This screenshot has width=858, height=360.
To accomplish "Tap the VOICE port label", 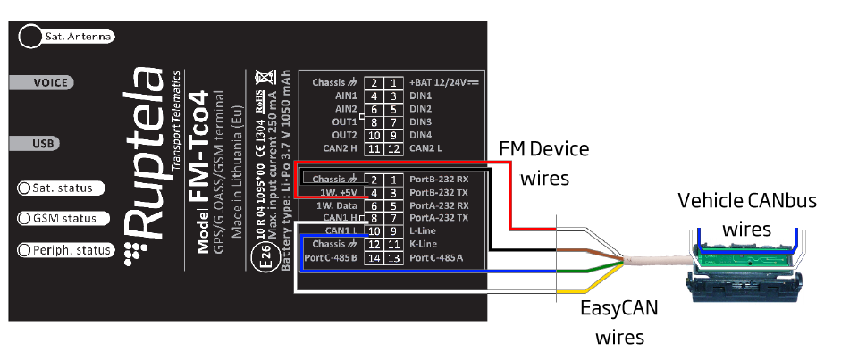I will (51, 81).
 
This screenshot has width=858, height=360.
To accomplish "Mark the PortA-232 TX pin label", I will (437, 218).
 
